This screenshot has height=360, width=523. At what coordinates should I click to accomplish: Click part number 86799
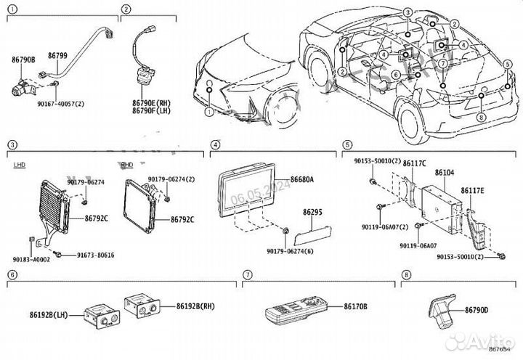point(57,55)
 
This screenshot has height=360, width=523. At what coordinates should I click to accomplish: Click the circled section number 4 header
point(215,145)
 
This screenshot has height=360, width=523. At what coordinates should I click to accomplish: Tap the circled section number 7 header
point(248,275)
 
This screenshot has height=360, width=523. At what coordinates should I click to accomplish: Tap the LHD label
point(20,165)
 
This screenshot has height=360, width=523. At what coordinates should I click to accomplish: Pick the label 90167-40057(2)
point(60,104)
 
